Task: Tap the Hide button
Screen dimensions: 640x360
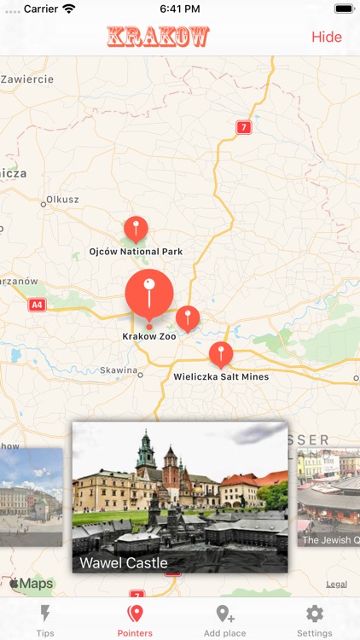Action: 326,37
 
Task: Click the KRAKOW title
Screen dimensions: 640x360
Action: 158,37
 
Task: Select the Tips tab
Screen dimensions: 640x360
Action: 45,620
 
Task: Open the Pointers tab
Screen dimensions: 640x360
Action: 135,620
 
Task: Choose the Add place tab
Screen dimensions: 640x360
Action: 225,620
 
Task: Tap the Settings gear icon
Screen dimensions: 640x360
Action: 315,614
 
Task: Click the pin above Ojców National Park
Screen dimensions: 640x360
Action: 136,229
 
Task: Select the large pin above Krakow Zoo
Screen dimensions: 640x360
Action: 149,293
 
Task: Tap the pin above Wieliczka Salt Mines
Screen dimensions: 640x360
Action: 221,354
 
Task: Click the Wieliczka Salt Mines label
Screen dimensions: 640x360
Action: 221,376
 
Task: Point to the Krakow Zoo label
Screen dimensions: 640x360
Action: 149,337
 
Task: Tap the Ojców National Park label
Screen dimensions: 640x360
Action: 136,252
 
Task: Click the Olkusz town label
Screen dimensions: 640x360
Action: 62,200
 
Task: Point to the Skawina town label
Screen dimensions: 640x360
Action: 119,370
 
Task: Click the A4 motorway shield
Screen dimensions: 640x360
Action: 37,305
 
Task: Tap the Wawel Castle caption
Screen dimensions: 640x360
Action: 124,563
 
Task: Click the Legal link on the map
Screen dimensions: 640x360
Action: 336,585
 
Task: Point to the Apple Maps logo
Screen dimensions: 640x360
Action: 32,585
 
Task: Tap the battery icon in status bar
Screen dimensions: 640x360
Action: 343,9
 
